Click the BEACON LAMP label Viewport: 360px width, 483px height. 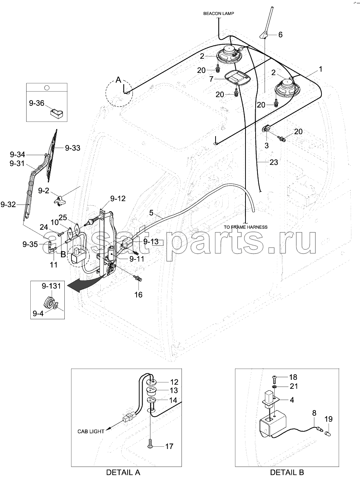(x=219, y=13)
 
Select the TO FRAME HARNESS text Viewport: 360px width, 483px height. (x=245, y=227)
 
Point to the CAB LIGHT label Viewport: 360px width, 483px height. (x=91, y=431)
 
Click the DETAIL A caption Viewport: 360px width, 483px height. (x=123, y=472)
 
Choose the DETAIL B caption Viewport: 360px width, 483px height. (x=287, y=472)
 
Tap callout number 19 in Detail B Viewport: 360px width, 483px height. (x=329, y=419)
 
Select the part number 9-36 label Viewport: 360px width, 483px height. (x=37, y=103)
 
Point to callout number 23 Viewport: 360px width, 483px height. (x=274, y=162)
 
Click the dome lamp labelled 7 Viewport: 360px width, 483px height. (x=236, y=77)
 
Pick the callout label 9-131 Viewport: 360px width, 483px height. (x=51, y=286)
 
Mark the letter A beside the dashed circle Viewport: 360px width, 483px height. (x=118, y=80)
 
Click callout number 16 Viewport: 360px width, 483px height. (x=138, y=295)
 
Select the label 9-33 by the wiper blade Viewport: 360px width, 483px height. (x=73, y=148)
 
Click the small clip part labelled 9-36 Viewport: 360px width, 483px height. (x=57, y=113)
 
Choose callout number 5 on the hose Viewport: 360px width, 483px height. (x=151, y=213)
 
